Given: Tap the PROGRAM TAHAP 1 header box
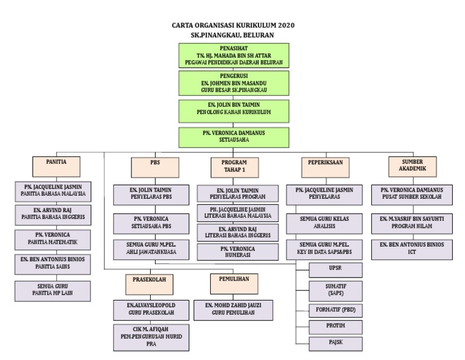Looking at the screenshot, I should tap(234, 166).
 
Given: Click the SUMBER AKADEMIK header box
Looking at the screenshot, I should tap(413, 166).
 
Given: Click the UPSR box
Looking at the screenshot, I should tap(335, 269).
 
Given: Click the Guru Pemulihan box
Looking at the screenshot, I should tap(236, 309).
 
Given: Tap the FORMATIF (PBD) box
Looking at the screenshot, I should tap(335, 309).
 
